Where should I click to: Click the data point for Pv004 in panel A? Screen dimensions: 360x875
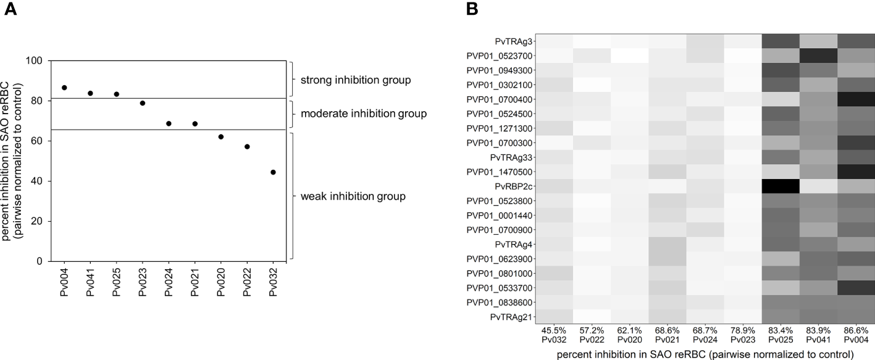[x=64, y=88]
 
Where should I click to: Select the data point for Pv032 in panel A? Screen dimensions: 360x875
[x=273, y=172]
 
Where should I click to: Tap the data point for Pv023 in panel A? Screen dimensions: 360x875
[x=143, y=103]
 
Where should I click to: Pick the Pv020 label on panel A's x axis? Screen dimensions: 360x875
[x=221, y=283]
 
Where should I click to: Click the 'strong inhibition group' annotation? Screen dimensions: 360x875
[x=355, y=80]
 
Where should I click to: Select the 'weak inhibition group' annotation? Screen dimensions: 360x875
[x=353, y=196]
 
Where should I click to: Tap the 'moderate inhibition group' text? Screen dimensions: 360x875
[x=364, y=114]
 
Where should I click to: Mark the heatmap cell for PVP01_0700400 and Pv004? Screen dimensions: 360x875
[x=856, y=99]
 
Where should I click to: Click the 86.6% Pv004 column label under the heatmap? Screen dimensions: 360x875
[x=856, y=335]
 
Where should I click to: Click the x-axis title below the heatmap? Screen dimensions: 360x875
[x=704, y=354]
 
